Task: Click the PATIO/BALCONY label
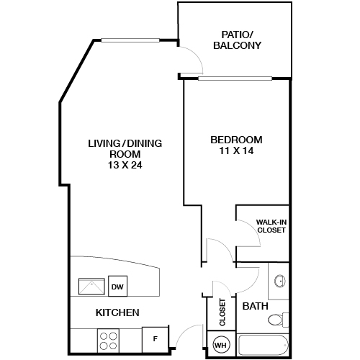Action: point(237,40)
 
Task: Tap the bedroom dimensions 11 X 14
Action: point(236,150)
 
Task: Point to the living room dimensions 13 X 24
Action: point(125,165)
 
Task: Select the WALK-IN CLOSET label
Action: point(271,226)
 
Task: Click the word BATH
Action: point(255,306)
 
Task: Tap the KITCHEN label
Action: point(117,312)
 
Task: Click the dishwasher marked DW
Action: point(117,286)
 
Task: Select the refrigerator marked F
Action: point(156,339)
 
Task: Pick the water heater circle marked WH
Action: point(221,345)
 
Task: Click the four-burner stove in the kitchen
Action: point(108,341)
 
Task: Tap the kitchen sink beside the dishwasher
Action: point(91,287)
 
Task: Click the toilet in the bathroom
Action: point(278,320)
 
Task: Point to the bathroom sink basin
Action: point(280,281)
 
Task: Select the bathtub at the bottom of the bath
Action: point(263,345)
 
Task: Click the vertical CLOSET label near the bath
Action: point(222,312)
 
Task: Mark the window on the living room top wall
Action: point(130,40)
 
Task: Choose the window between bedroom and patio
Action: point(235,78)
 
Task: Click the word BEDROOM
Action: point(236,140)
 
